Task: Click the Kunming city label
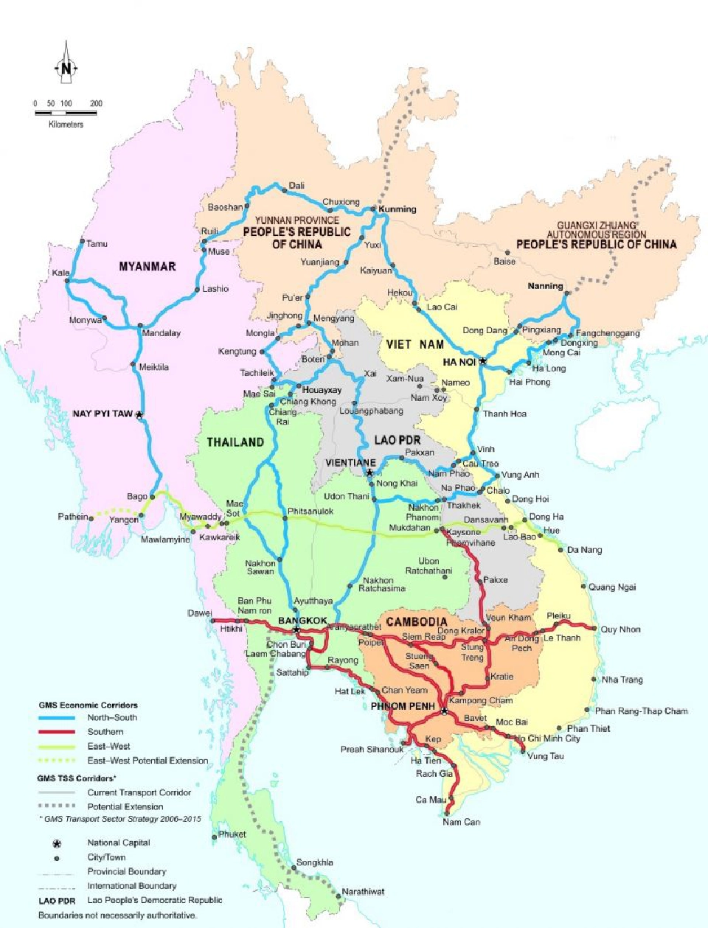pyautogui.click(x=398, y=209)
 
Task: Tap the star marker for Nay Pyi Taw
pyautogui.click(x=139, y=415)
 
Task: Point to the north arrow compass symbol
pyautogui.click(x=66, y=69)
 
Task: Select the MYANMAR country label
pyautogui.click(x=147, y=267)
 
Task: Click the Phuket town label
pyautogui.click(x=232, y=834)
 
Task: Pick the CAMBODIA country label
pyautogui.click(x=416, y=622)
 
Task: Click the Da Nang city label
pyautogui.click(x=584, y=550)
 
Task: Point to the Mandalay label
pyautogui.click(x=161, y=333)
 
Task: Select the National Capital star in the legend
pyautogui.click(x=57, y=843)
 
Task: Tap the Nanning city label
pyautogui.click(x=545, y=286)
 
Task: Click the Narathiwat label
pyautogui.click(x=363, y=892)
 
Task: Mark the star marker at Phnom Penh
pyautogui.click(x=444, y=711)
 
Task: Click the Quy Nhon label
pyautogui.click(x=620, y=629)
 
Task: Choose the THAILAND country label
pyautogui.click(x=235, y=442)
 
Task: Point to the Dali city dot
pyautogui.click(x=285, y=190)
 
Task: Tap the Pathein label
pyautogui.click(x=72, y=517)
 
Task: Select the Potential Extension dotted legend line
pyautogui.click(x=57, y=806)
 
